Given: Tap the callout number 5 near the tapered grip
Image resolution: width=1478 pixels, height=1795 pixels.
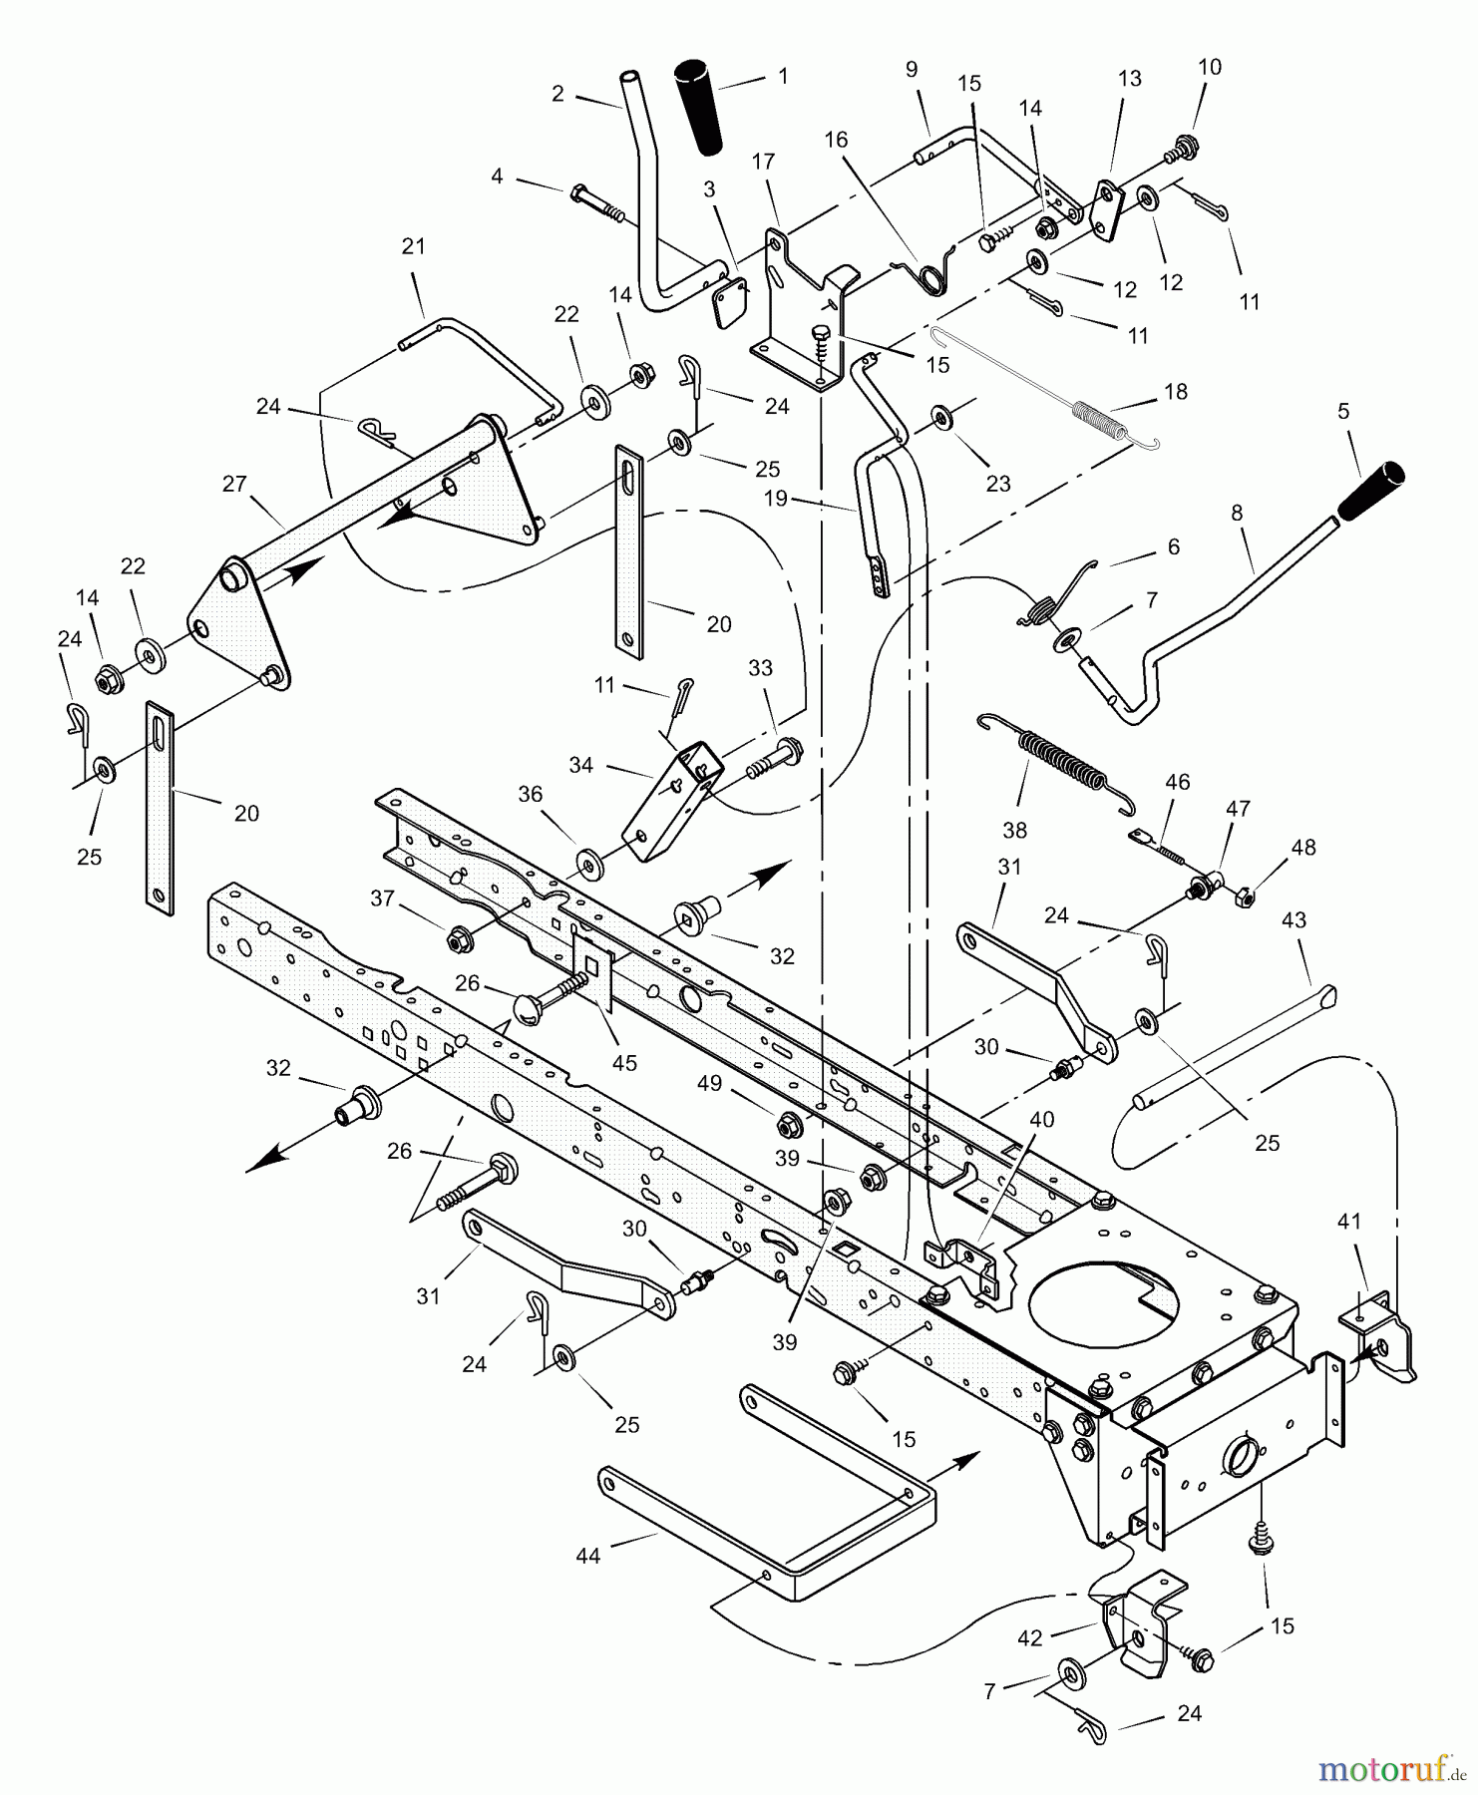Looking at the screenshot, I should click(1343, 411).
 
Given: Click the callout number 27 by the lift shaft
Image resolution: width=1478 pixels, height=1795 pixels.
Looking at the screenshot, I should click(234, 484).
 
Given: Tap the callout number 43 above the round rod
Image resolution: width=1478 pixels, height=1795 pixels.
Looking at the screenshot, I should click(1293, 919).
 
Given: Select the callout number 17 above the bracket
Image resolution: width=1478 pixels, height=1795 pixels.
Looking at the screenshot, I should click(763, 162).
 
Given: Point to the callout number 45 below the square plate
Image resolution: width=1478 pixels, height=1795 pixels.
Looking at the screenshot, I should click(624, 1063).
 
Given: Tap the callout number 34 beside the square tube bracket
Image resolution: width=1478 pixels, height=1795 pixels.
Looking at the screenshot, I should click(580, 765).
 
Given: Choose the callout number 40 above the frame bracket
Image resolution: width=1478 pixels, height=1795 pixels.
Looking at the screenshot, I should click(1041, 1120).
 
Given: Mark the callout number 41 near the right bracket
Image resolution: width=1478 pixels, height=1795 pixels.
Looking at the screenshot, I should click(1348, 1221).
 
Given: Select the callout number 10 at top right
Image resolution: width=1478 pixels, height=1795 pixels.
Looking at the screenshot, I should click(1209, 67).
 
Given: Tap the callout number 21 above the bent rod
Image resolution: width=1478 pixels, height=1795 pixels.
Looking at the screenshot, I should click(413, 245).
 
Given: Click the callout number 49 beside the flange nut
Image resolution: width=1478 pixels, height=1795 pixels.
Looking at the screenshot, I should click(709, 1084).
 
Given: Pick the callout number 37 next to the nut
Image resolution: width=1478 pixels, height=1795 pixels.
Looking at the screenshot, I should click(383, 898).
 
